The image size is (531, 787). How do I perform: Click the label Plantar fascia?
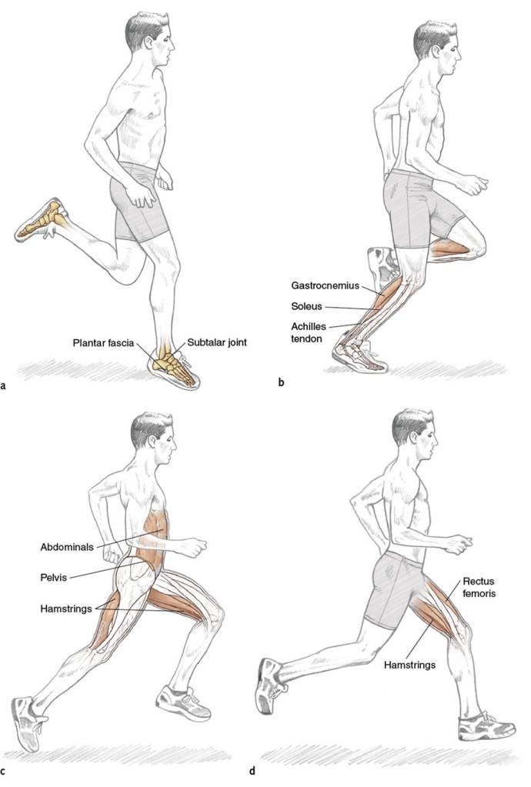click(x=103, y=343)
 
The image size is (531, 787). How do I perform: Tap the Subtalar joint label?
click(x=217, y=343)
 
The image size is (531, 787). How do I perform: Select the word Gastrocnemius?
click(x=326, y=285)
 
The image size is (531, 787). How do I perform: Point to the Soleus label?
click(x=306, y=306)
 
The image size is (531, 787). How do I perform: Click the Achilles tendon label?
click(x=309, y=332)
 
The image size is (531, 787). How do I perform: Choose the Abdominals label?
click(x=67, y=547)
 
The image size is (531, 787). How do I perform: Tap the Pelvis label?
click(x=54, y=577)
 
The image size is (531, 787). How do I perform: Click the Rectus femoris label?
click(x=479, y=587)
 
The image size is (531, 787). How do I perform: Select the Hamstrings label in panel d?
click(x=409, y=665)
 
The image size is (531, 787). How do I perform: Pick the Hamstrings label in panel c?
click(x=66, y=609)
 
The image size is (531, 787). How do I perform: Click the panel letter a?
click(x=4, y=385)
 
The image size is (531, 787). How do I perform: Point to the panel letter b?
click(x=281, y=382)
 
